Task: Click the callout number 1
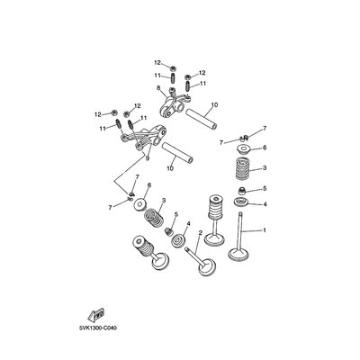265,230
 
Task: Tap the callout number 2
201,233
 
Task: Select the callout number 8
158,88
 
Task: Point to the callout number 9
147,158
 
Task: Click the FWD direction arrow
96,315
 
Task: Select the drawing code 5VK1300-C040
98,328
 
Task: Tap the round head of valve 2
207,266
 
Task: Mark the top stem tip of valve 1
240,213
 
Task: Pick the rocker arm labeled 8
172,104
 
